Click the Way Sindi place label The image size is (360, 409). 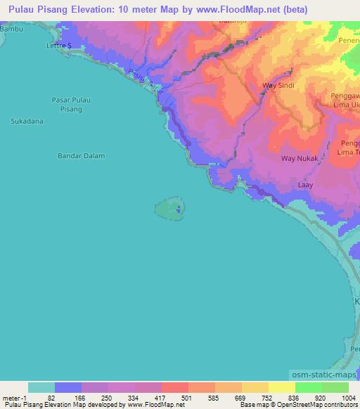click(x=277, y=86)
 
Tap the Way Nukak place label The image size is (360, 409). click(x=300, y=159)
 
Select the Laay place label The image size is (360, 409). click(x=305, y=185)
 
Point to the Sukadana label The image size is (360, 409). click(x=27, y=122)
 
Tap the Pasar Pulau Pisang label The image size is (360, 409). click(x=71, y=105)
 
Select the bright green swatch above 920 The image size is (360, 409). click(x=308, y=387)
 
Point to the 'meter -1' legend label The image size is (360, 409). click(x=15, y=398)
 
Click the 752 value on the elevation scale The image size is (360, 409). click(x=259, y=398)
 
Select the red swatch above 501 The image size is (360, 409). click(x=174, y=387)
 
